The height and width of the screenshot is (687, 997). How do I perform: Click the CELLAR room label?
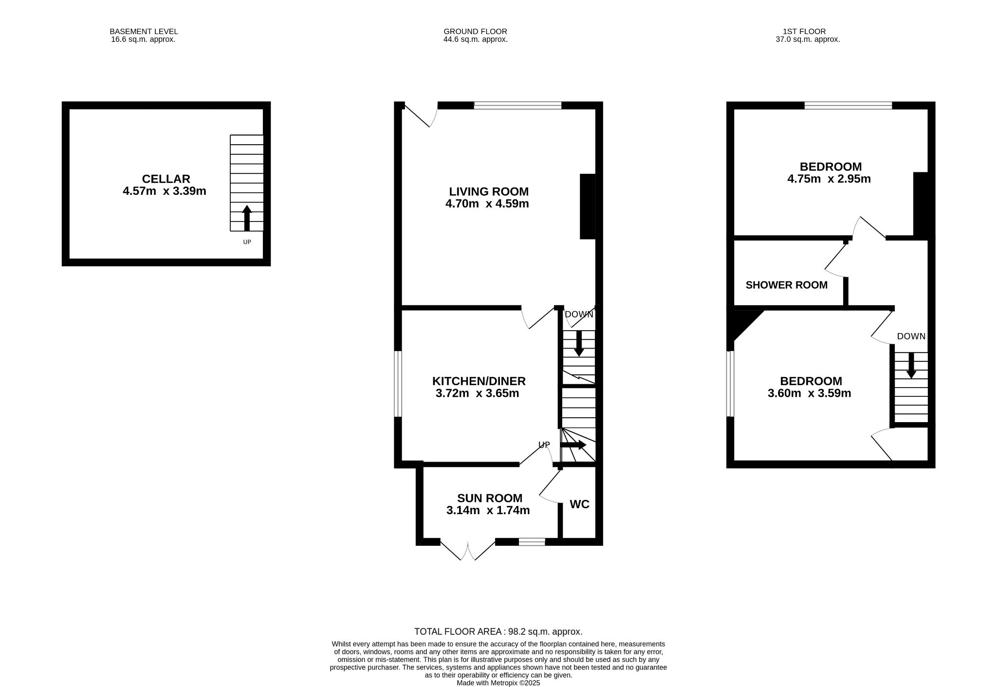166,179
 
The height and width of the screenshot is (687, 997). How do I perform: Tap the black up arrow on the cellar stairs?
247,218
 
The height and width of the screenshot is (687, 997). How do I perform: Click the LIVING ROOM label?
489,191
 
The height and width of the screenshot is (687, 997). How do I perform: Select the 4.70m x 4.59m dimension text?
487,204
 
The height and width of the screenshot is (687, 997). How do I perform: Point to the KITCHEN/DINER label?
479,381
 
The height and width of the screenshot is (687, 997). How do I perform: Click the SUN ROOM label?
490,498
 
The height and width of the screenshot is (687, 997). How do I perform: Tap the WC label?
579,504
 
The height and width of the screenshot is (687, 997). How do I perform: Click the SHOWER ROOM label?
787,285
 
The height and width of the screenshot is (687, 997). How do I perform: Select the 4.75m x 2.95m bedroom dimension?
829,179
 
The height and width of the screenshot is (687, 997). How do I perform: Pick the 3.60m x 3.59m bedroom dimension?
810,393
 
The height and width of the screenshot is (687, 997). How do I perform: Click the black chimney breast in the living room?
588,206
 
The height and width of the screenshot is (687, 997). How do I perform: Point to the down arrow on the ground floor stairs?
579,343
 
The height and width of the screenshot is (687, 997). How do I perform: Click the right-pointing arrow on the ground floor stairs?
573,445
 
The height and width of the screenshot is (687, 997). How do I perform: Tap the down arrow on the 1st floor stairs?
911,365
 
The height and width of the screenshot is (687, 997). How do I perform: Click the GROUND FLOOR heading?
475,32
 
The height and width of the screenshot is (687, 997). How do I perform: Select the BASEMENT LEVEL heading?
144,32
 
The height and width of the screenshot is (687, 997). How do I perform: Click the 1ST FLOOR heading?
808,32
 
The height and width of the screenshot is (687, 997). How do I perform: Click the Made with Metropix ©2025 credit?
498,683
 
